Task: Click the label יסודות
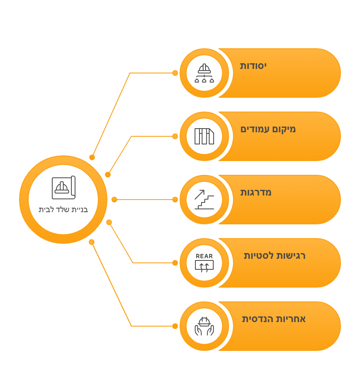(253, 66)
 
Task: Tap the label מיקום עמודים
(268, 129)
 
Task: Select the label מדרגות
(256, 192)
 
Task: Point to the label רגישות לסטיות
(274, 256)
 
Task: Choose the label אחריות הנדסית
(274, 319)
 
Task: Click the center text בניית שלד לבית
(63, 210)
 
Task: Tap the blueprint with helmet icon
(64, 187)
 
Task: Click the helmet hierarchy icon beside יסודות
(204, 73)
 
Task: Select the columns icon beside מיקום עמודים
(204, 136)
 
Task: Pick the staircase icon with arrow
(204, 200)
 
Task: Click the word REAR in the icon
(204, 256)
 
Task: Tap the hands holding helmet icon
(204, 326)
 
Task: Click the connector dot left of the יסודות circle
(175, 73)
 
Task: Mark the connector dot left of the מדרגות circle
(175, 200)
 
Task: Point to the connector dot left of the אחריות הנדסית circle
(175, 326)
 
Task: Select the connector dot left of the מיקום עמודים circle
(175, 136)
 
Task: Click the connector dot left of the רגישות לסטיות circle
(175, 263)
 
